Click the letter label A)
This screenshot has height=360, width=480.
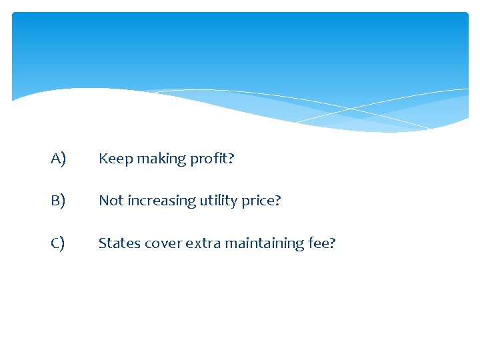point(58,159)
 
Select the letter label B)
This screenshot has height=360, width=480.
point(58,201)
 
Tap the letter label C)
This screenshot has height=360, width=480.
point(58,243)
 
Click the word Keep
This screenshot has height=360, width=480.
point(115,159)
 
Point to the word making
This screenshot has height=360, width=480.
point(159,159)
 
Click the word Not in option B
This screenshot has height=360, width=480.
point(110,201)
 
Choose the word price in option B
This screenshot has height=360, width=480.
point(256,201)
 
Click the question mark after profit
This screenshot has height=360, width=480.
point(231,159)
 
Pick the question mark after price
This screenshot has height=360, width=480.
point(278,201)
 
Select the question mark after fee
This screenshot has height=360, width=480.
point(333,243)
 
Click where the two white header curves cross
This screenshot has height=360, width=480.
point(351,107)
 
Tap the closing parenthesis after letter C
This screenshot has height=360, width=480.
point(63,244)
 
